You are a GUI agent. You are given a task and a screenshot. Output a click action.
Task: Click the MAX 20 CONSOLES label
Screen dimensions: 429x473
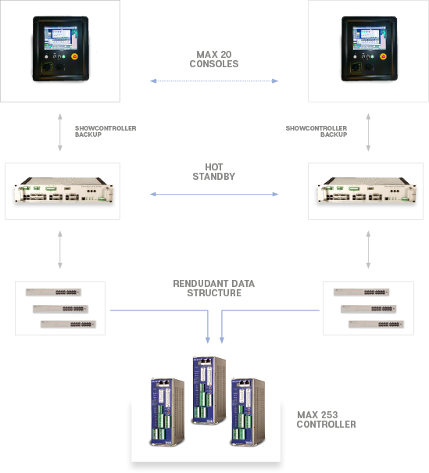(214, 59)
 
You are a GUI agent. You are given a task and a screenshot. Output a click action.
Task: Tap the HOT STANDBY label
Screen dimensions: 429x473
(214, 172)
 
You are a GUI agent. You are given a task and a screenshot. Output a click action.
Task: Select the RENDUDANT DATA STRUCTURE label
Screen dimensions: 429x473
(214, 288)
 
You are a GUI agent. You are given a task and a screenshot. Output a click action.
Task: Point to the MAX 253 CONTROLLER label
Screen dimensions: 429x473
(326, 420)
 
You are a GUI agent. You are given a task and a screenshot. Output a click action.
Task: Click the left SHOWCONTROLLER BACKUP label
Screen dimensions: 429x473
(105, 131)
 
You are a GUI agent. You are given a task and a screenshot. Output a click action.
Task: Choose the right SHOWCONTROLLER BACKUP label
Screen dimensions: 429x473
(316, 131)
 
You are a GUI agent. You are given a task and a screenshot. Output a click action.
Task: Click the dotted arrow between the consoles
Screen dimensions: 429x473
(214, 81)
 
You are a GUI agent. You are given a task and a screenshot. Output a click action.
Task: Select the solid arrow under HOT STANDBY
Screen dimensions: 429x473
(214, 194)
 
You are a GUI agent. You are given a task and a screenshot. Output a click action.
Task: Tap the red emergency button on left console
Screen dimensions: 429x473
(74, 56)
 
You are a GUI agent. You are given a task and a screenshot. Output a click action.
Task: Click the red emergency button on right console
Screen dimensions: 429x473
(383, 56)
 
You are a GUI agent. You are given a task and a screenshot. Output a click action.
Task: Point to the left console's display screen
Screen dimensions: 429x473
(61, 38)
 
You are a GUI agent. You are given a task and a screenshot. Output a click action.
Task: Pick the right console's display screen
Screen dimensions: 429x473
(370, 38)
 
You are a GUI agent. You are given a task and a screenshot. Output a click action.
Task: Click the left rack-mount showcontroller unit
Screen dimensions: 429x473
(63, 190)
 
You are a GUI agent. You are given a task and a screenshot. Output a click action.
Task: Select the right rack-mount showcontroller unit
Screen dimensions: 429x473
(366, 190)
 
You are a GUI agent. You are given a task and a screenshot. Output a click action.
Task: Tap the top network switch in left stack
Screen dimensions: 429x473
(53, 292)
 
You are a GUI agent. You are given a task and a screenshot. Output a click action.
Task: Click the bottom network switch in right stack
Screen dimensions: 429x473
(376, 324)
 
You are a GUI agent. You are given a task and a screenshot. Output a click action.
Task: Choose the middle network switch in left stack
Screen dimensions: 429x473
(60, 309)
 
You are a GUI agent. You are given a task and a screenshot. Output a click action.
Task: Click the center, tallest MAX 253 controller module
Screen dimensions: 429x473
(209, 390)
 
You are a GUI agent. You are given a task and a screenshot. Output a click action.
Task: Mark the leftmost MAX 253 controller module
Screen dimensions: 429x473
(167, 412)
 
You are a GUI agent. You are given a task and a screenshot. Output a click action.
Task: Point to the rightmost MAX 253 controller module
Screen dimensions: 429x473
(248, 412)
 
